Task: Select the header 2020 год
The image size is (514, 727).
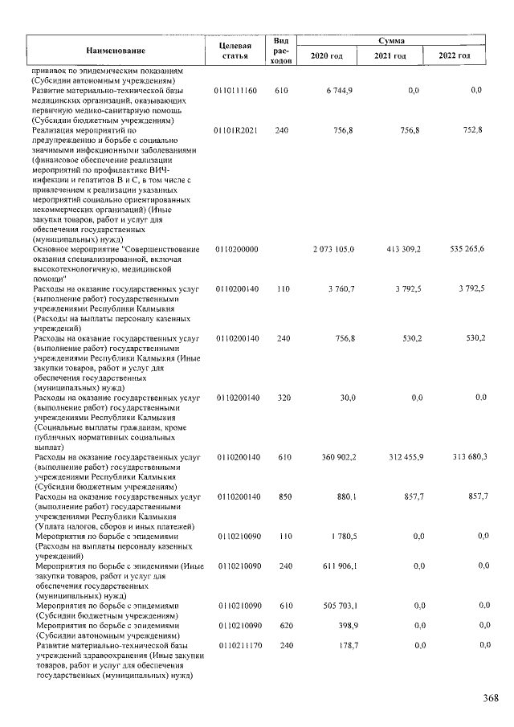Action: pos(327,56)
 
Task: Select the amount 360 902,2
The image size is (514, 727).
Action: pos(337,458)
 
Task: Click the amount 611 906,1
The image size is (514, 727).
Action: pos(337,567)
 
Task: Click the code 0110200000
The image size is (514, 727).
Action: pos(237,250)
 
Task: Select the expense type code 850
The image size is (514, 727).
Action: pos(281,497)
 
